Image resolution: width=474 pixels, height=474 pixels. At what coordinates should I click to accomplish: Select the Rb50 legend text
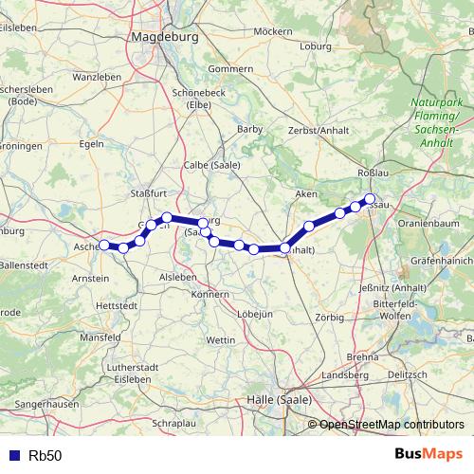(x=46, y=455)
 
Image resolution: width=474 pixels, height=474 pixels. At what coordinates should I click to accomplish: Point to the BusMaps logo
(x=428, y=454)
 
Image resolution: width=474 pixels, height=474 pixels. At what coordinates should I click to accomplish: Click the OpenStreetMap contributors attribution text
(x=392, y=425)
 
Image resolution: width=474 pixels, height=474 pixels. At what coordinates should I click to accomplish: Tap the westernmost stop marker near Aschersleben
(x=104, y=246)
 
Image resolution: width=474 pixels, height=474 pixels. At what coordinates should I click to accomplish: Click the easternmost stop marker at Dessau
(x=370, y=199)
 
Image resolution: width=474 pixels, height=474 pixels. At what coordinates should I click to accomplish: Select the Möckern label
(x=273, y=31)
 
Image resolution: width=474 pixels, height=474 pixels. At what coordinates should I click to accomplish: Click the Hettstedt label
(x=118, y=306)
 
